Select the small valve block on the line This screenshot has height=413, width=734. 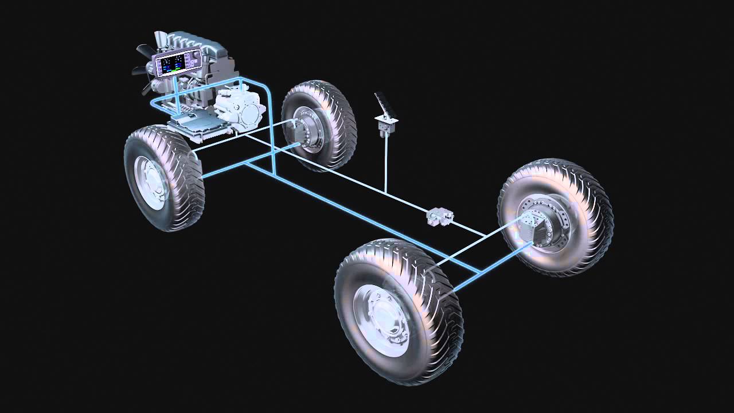tap(440, 216)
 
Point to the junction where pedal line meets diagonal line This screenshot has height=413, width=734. tap(386, 193)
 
